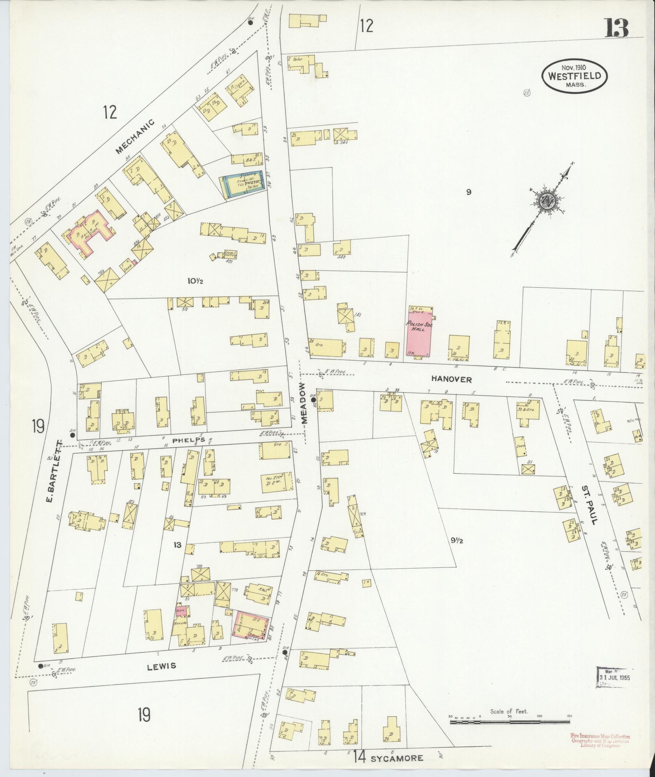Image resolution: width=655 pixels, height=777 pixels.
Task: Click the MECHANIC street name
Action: [135, 137]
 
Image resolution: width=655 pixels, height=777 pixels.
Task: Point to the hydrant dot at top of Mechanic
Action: [251, 23]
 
